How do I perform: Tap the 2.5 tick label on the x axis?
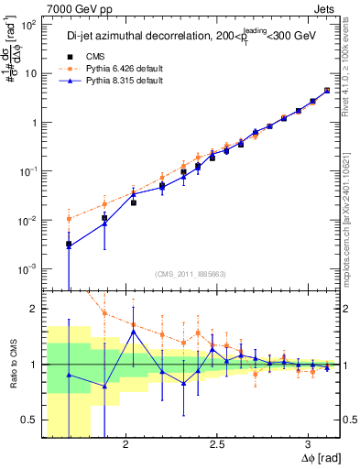218,445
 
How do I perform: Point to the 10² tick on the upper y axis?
28,25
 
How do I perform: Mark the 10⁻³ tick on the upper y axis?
28,269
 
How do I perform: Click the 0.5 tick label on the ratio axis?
27,420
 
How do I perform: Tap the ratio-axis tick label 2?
33,309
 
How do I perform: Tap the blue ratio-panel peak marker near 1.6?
134,332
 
